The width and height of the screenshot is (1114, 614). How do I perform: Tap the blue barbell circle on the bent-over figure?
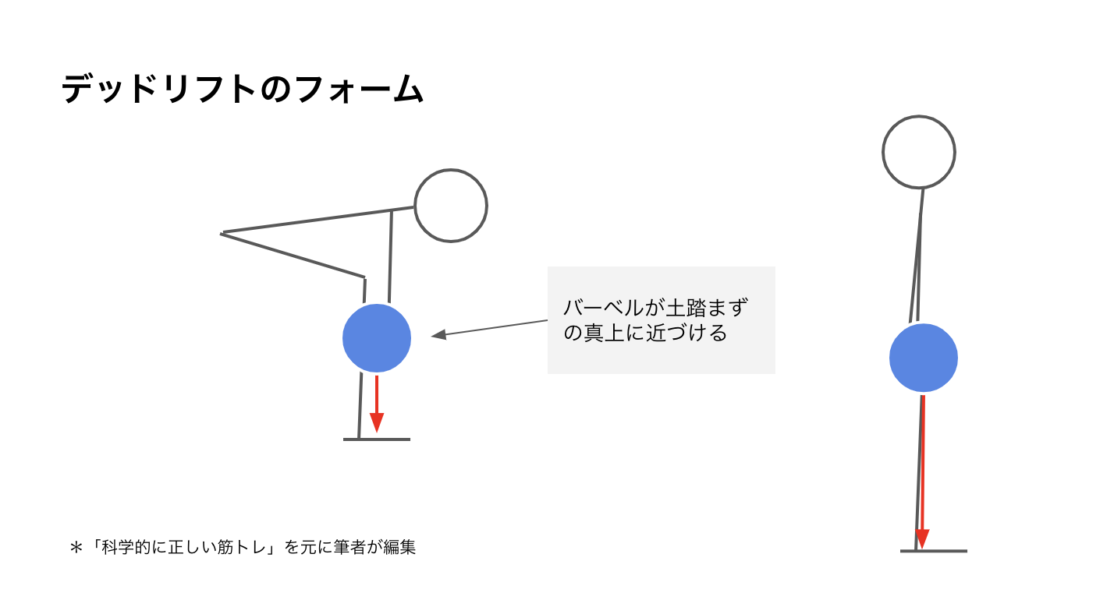pyautogui.click(x=377, y=338)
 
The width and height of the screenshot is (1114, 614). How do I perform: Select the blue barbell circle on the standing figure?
pyautogui.click(x=924, y=358)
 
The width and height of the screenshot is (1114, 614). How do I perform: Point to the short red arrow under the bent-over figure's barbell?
pyautogui.click(x=377, y=404)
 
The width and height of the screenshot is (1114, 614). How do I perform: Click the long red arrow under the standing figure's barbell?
pyautogui.click(x=923, y=472)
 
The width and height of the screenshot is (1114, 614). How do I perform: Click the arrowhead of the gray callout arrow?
pyautogui.click(x=438, y=334)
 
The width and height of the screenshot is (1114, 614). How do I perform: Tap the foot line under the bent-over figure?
pyautogui.click(x=377, y=439)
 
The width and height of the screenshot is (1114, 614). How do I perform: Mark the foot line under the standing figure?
pyautogui.click(x=934, y=551)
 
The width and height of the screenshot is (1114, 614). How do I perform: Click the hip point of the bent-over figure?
pyautogui.click(x=222, y=234)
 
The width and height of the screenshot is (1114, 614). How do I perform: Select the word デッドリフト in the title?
pyautogui.click(x=158, y=90)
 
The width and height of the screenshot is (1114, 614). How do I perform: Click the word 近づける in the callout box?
pyautogui.click(x=686, y=333)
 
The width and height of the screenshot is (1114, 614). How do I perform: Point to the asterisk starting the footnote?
pyautogui.click(x=76, y=548)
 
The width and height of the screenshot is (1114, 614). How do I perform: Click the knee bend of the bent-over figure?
pyautogui.click(x=364, y=277)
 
